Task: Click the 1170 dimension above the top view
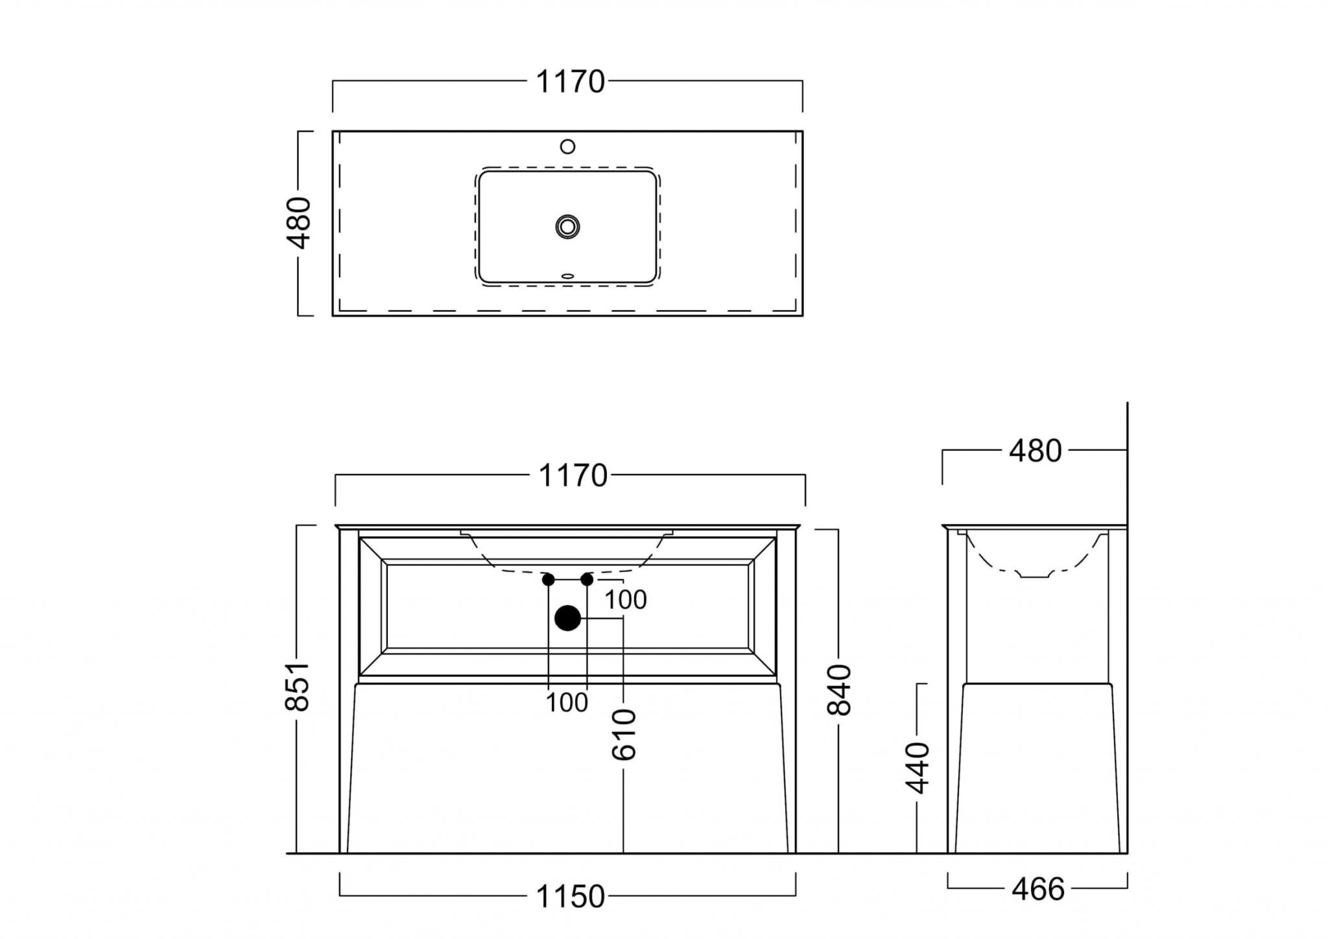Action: (x=570, y=82)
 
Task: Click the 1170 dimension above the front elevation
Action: (x=573, y=476)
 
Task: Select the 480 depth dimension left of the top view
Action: (x=300, y=223)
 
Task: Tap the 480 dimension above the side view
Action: (x=1035, y=451)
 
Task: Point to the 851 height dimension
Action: (x=298, y=686)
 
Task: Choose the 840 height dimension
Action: (x=839, y=690)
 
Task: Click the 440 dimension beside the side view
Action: (x=918, y=768)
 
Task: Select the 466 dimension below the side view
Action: (x=1037, y=890)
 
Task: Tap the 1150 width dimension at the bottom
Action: (x=570, y=897)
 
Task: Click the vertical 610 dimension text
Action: (x=624, y=735)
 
